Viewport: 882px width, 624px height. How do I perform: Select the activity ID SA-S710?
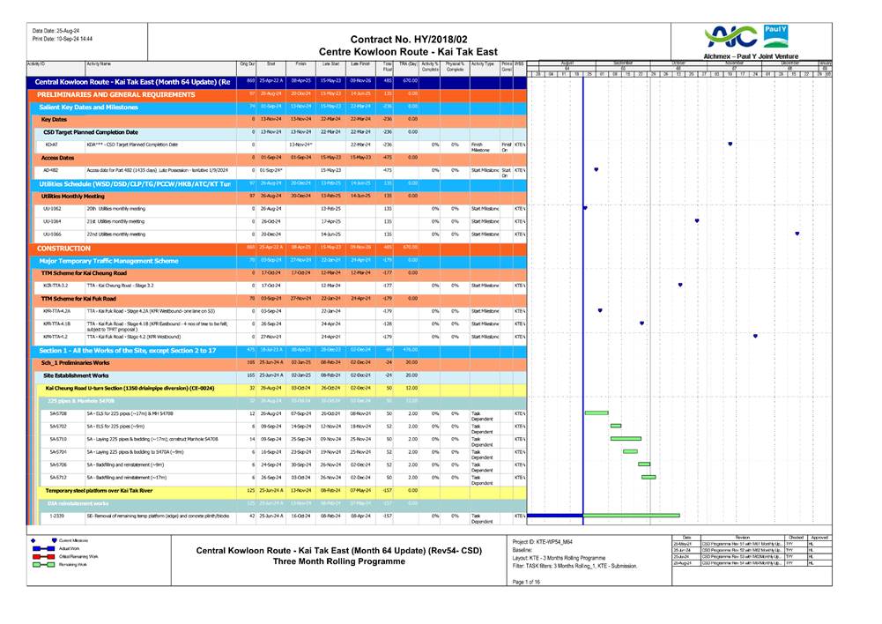(x=58, y=438)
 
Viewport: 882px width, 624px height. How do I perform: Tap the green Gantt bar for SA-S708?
(x=597, y=412)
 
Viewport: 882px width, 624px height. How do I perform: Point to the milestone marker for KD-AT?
(x=730, y=144)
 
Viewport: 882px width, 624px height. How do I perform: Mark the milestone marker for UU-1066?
(x=797, y=234)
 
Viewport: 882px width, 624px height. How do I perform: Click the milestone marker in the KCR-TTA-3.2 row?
(x=679, y=286)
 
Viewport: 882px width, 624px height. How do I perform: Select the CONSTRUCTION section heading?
(x=70, y=249)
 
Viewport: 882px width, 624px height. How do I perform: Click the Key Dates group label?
(x=54, y=118)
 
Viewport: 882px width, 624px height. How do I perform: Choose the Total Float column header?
(x=387, y=66)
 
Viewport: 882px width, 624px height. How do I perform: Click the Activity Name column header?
(x=99, y=63)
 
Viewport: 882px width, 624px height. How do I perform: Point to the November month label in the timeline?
(x=734, y=63)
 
